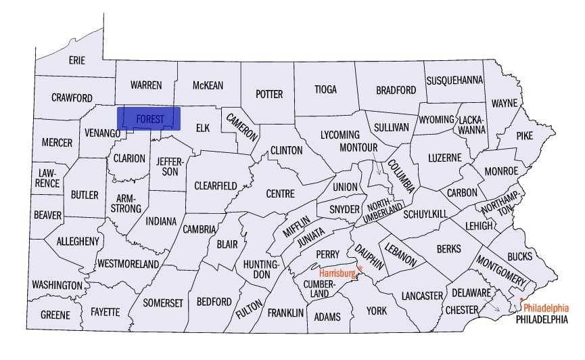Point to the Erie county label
77,60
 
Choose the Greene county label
55,315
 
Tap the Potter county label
268,94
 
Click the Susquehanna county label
454,80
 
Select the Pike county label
524,135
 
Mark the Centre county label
280,194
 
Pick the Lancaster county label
421,296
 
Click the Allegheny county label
78,241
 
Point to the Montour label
357,148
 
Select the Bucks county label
519,256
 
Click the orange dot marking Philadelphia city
522,300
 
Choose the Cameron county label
242,126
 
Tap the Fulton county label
250,305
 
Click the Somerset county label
163,303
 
